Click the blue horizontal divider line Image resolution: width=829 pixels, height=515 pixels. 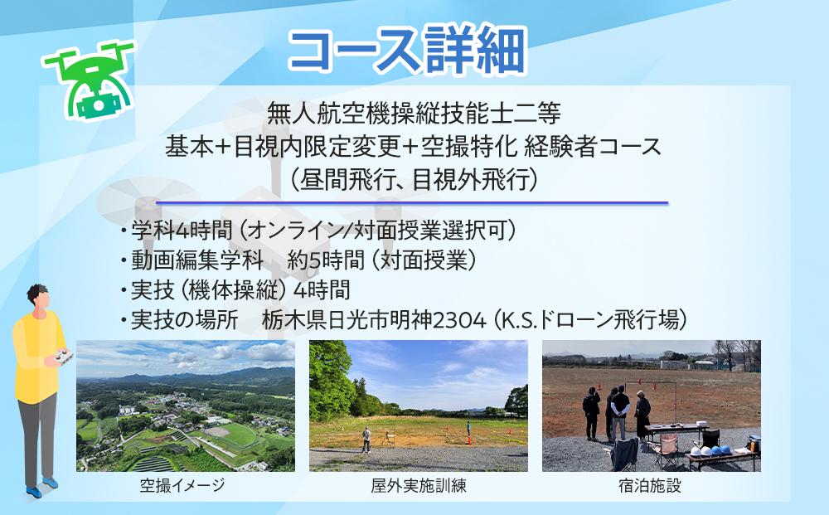[x=411, y=202]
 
